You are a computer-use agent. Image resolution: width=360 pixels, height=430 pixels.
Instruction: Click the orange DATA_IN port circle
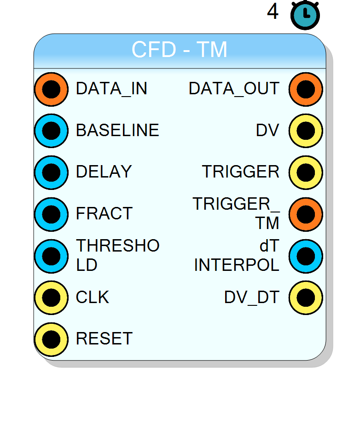point(52,89)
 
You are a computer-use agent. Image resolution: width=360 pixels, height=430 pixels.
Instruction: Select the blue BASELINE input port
point(52,131)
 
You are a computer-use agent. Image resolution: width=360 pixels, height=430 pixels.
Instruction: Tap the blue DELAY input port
point(52,172)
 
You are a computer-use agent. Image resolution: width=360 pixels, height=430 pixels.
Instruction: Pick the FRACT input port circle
point(52,214)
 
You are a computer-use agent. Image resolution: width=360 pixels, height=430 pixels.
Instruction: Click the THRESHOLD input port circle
point(52,256)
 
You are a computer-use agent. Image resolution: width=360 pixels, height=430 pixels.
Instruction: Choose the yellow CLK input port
point(52,298)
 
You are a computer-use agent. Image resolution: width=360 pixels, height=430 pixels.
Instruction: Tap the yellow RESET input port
point(52,339)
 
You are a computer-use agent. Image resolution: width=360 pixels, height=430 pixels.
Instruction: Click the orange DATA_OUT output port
point(306,89)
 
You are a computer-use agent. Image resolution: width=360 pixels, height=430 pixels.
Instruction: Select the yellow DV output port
point(306,131)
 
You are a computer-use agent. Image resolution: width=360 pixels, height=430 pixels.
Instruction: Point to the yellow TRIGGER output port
point(306,172)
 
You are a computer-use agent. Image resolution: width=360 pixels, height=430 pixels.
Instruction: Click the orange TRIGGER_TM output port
point(306,214)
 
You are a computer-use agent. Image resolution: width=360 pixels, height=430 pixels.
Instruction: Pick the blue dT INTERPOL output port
point(306,256)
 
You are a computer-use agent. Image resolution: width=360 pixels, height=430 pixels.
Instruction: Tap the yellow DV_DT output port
point(306,298)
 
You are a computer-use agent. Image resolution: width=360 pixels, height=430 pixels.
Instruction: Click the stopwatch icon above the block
point(305,15)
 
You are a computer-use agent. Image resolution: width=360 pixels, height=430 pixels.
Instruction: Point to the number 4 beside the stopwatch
point(273,11)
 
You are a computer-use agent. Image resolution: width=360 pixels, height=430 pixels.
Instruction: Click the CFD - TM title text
point(180,50)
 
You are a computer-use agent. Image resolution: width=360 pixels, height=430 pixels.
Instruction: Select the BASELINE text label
point(117,130)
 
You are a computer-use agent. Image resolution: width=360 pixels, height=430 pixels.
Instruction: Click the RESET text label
point(105,338)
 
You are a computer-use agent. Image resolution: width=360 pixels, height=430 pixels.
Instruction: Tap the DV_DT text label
point(252,297)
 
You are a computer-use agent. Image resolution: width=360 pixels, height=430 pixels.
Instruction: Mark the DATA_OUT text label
point(234,89)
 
